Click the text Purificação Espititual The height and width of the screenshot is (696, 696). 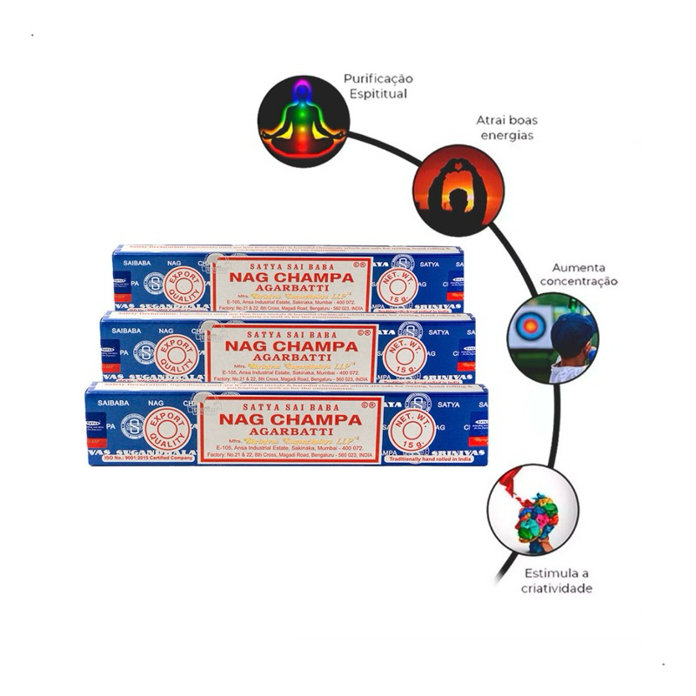377,85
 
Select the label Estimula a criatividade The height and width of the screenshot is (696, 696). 559,581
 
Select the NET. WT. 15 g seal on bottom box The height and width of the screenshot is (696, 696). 418,429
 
